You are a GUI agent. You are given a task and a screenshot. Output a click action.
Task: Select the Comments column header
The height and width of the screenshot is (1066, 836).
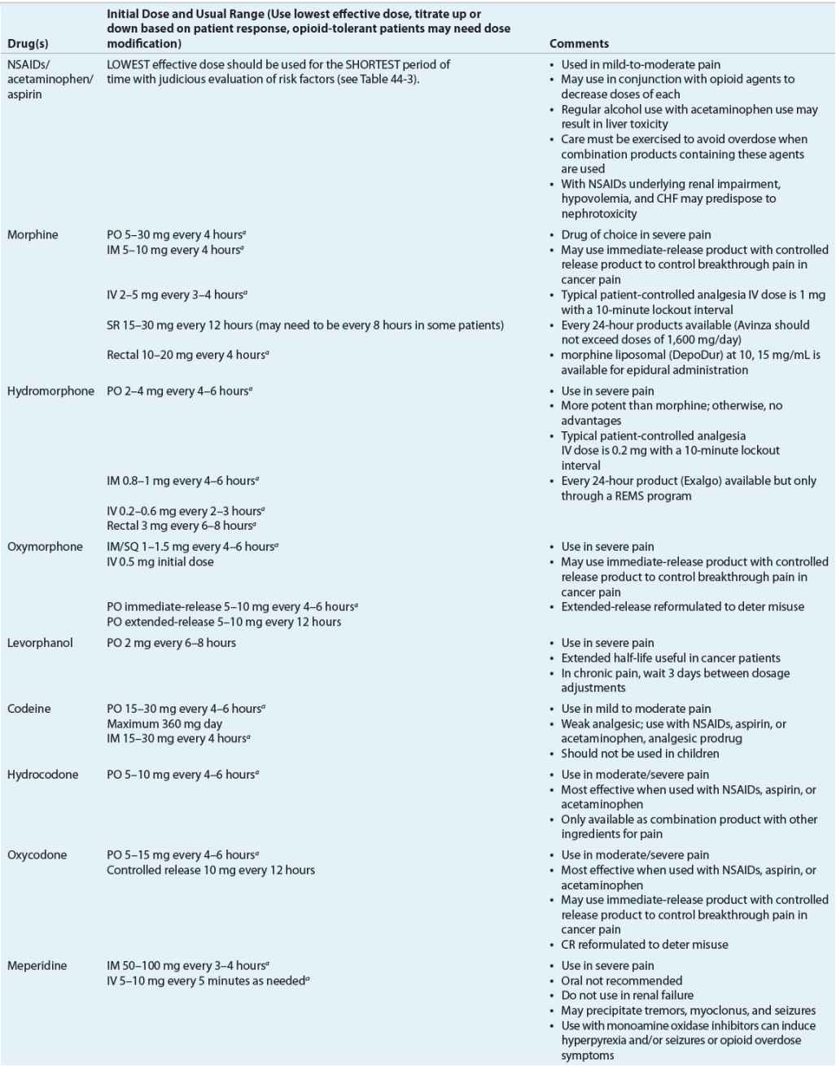pos(579,44)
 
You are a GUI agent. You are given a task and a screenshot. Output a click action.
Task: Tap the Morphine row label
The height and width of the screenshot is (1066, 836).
pos(33,235)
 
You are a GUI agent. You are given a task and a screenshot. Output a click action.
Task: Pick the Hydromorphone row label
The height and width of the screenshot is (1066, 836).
pos(50,391)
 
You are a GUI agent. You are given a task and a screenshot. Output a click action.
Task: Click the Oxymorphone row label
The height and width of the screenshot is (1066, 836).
pos(45,547)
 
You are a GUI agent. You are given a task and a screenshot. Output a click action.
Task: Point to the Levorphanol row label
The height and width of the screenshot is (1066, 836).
pos(40,643)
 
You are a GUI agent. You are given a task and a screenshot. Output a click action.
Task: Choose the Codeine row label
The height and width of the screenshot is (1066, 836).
pos(28,709)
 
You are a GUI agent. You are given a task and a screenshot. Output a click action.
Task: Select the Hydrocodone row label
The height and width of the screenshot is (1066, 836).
pos(42,775)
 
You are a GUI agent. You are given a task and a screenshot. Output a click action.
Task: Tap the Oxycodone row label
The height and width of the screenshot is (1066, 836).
pos(37,855)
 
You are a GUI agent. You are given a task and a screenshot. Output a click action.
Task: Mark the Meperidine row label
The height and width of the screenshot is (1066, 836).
pos(37,966)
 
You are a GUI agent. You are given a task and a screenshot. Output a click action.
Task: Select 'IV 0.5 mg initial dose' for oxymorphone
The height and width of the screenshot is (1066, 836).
pos(160,561)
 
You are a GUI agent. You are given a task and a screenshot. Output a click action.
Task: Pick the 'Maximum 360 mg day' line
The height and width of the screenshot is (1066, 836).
pos(164,723)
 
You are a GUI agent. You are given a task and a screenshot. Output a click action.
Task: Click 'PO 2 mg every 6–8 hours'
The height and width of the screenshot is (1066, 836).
pos(171,643)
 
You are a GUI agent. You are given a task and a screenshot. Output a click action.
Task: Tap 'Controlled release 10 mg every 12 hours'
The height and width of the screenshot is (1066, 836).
pos(210,870)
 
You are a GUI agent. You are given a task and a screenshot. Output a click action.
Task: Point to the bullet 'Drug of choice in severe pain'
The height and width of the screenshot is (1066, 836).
pos(636,235)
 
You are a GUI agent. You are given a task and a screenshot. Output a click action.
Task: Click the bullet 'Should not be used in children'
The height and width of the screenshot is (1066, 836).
pos(640,754)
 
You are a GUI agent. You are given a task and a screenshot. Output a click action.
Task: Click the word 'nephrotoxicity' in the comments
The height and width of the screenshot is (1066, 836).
pos(598,214)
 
